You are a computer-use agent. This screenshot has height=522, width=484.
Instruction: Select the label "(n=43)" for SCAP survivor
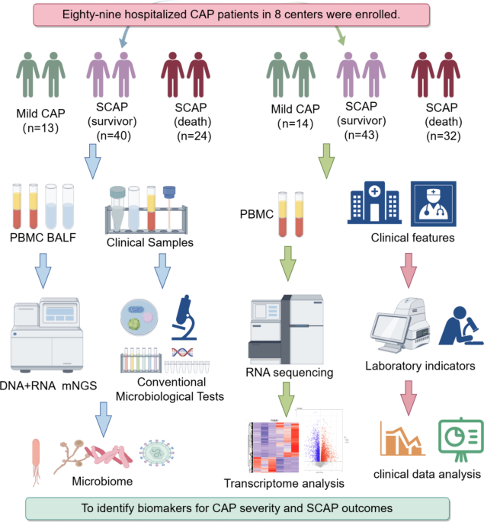(x=363, y=135)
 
